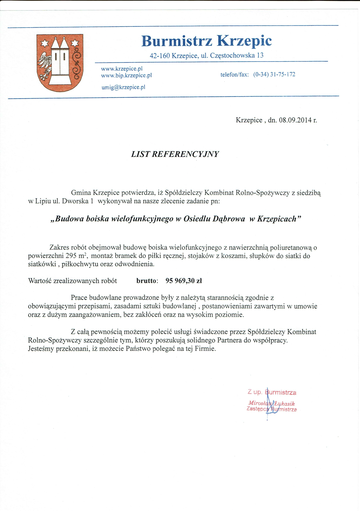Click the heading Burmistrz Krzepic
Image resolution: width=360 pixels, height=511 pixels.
point(207,41)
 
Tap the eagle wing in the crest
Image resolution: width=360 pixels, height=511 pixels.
point(45,63)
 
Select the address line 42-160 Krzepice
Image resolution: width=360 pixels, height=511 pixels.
point(207,55)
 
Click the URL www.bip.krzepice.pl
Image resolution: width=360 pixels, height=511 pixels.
point(126,75)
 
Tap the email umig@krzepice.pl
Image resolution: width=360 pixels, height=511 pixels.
point(123,87)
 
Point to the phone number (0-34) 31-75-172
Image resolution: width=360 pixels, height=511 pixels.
point(274,75)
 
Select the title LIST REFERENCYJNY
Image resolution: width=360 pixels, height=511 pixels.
point(175,154)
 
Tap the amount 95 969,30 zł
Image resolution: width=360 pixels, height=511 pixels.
point(184,281)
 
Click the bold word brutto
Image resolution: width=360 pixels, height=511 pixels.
point(146,281)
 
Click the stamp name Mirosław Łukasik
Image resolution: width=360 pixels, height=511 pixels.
point(271,403)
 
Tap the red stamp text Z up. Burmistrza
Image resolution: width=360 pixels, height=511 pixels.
point(272,392)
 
